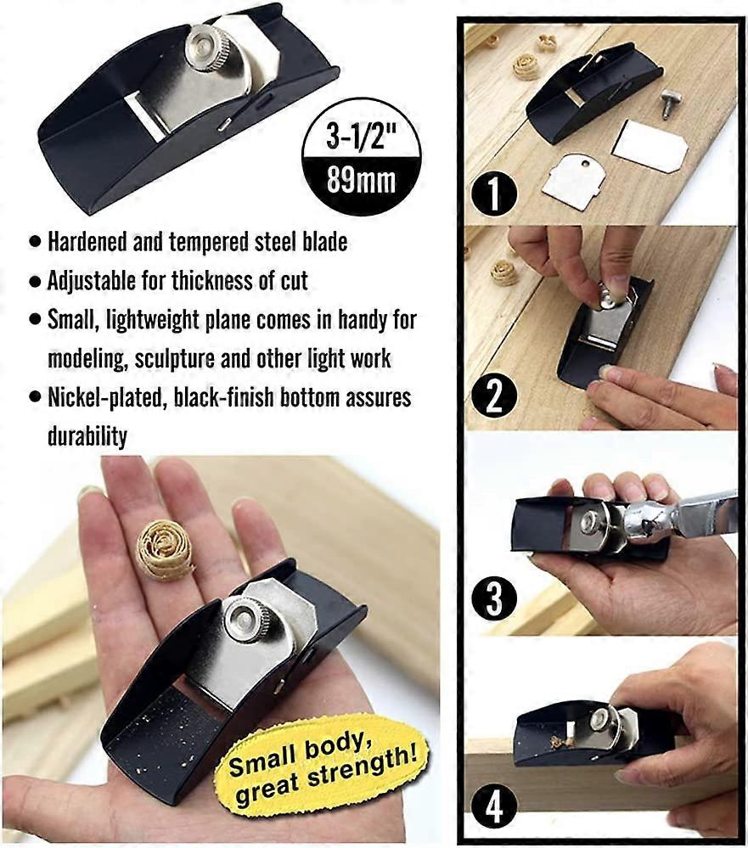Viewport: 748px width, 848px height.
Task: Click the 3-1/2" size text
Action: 361,134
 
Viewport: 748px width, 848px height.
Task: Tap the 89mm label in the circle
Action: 361,181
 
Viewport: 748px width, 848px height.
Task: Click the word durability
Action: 87,436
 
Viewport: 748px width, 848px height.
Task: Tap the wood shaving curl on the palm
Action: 164,549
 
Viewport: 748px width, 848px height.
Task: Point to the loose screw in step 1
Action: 669,104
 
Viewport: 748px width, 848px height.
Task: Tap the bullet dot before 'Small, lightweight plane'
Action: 34,321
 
